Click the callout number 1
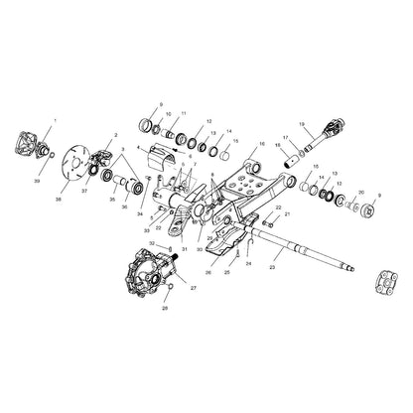pos(55,121)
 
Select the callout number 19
pos(301,123)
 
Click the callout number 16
pos(262,143)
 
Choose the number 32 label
pos(150,242)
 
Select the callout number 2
pos(116,134)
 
